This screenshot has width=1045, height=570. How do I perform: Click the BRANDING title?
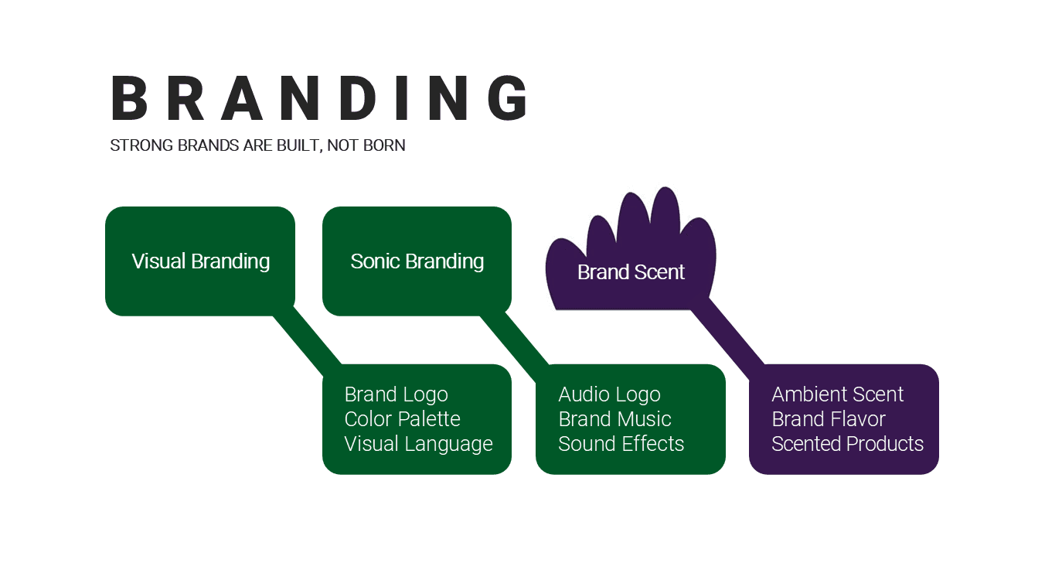[321, 99]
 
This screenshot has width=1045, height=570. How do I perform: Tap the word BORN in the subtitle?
[384, 145]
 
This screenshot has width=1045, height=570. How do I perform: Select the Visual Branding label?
[201, 261]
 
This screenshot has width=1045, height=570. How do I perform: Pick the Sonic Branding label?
[417, 261]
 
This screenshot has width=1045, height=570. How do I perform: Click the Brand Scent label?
[631, 272]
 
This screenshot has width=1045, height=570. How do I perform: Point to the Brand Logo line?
[396, 394]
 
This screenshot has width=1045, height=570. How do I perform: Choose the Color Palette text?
[402, 419]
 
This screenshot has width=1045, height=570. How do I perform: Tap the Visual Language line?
[418, 444]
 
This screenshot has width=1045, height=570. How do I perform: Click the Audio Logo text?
[609, 394]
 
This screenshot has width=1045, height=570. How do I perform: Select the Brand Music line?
[614, 419]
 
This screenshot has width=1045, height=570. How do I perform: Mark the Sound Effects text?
[621, 444]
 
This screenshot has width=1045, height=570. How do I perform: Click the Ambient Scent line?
[837, 394]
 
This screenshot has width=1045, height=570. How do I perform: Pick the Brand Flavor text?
[828, 419]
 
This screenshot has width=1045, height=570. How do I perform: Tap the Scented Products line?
[847, 444]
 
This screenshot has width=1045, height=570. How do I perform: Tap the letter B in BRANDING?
[129, 99]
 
